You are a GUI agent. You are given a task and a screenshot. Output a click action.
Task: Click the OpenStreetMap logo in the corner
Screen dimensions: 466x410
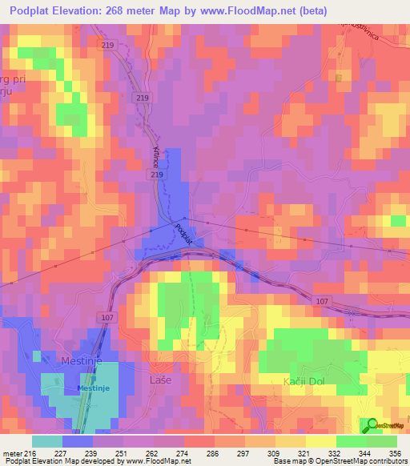(x=385, y=425)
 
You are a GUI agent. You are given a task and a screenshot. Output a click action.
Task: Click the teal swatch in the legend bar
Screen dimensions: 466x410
(x=46, y=440)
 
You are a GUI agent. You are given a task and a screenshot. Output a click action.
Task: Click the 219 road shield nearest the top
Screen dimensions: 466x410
(x=109, y=46)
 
